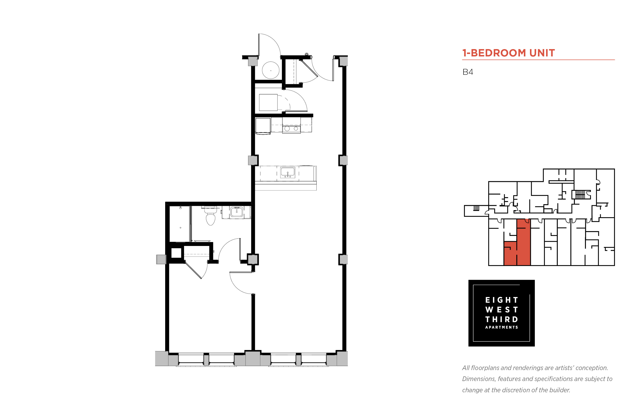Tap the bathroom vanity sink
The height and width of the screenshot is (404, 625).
pos(237,212)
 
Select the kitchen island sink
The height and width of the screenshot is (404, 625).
pos(288,172)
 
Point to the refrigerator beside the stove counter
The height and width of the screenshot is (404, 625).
pos(263,126)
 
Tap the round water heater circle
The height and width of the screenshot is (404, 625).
pos(270,70)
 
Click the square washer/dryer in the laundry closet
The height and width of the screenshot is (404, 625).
pos(268,102)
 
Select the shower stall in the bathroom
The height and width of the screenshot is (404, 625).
pos(180,224)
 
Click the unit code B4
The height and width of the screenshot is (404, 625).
pos(468,72)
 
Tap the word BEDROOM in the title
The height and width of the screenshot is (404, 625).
pos(498,53)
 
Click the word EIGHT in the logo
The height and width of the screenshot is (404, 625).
pos(501,300)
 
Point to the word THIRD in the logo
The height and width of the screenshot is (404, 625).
pos(501,319)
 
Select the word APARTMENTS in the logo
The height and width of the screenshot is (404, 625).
pos(501,327)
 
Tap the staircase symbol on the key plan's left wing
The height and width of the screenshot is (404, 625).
pos(476,208)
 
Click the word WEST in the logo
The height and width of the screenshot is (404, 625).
pos(501,309)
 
